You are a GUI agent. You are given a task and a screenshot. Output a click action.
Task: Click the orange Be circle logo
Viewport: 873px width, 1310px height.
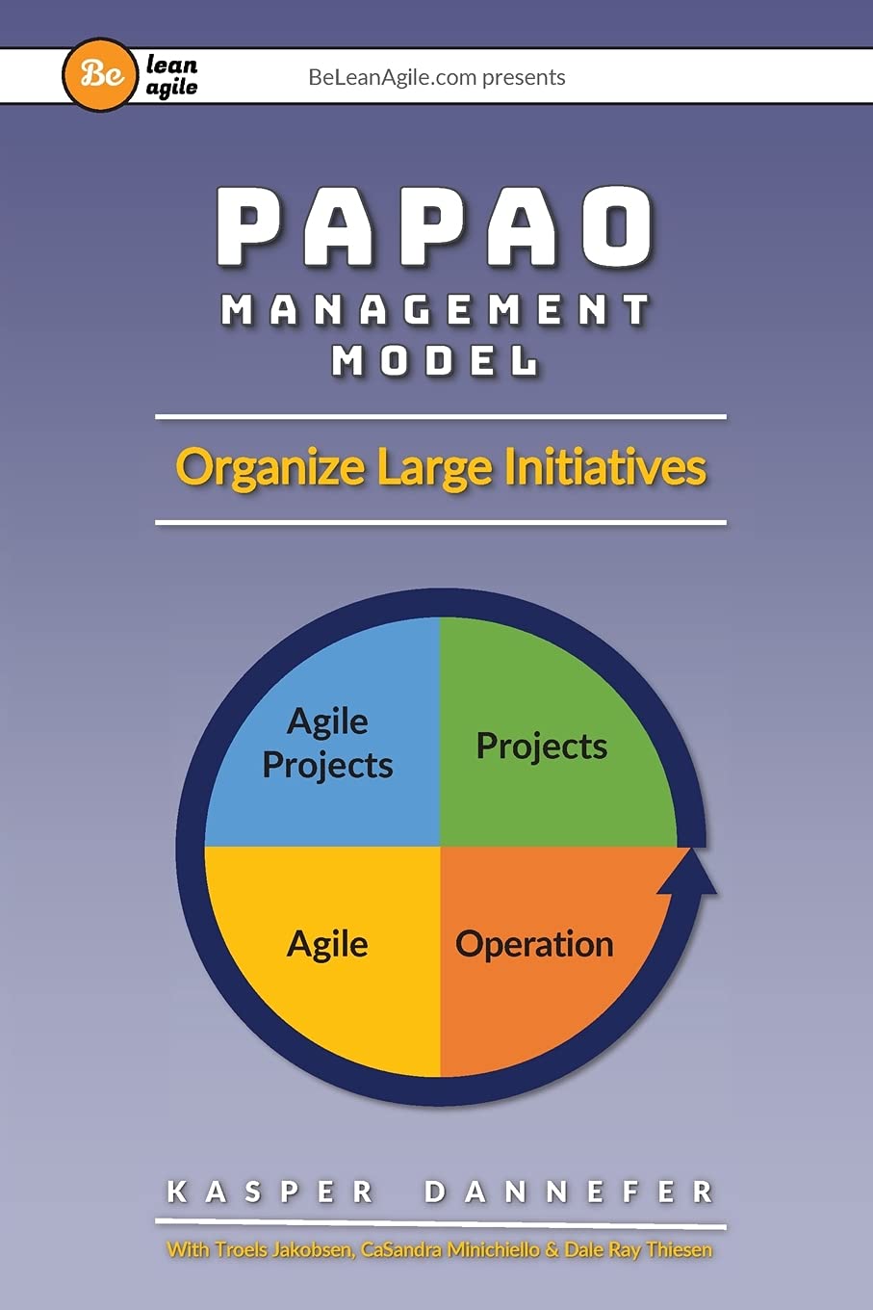point(100,75)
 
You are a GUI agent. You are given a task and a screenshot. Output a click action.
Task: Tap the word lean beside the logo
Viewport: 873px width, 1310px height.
point(171,65)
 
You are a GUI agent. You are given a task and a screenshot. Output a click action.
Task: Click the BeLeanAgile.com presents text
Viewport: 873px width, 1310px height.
point(436,77)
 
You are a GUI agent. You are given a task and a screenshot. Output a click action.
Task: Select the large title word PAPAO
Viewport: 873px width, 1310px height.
point(435,227)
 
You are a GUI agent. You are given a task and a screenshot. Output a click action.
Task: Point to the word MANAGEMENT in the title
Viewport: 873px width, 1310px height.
point(435,311)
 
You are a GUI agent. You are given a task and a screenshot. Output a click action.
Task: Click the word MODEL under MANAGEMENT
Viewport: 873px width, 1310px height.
point(435,361)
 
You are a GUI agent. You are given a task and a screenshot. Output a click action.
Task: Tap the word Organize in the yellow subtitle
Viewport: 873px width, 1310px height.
point(270,469)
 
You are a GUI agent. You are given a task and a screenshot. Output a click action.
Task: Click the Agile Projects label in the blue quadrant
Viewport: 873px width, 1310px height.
point(327,743)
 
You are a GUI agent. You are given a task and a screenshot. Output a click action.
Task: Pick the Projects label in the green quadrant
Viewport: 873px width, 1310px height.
point(542,747)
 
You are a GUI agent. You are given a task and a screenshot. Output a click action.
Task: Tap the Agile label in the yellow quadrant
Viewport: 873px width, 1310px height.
point(327,944)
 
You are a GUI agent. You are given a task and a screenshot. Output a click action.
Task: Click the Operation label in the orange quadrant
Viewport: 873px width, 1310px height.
point(534,944)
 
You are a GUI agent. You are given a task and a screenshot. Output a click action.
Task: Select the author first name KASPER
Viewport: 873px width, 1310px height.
point(270,1192)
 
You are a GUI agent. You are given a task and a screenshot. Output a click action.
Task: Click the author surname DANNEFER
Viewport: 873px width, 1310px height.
point(568,1192)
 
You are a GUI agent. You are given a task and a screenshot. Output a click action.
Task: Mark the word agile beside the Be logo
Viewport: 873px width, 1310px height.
point(171,88)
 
